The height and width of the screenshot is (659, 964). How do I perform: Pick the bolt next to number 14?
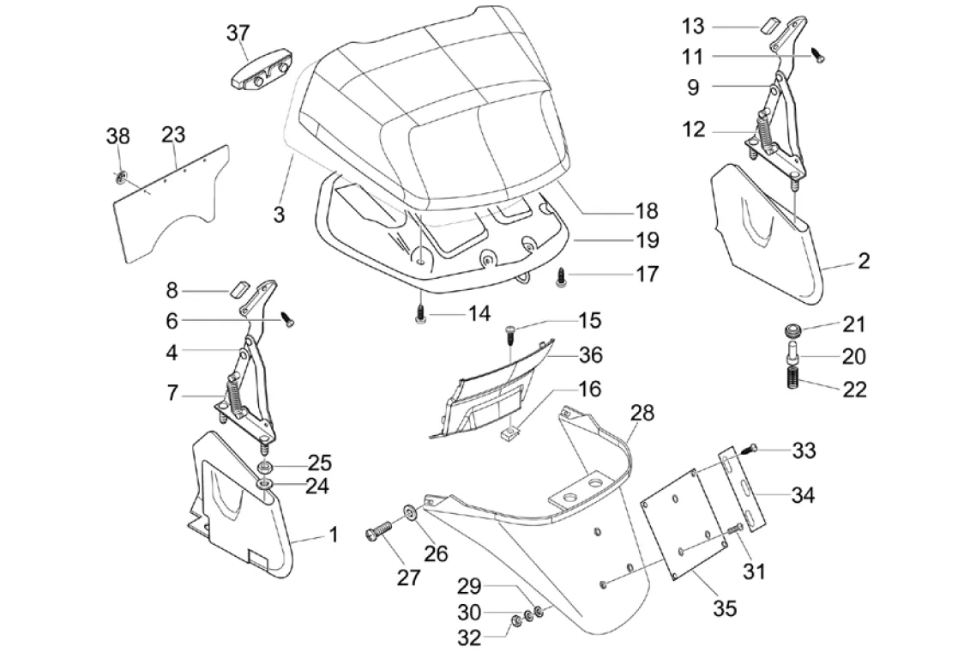pos(420,313)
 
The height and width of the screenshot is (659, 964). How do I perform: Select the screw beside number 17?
pos(562,277)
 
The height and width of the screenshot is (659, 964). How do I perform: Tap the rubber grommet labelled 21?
pos(792,329)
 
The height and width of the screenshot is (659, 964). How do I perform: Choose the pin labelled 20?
pos(792,352)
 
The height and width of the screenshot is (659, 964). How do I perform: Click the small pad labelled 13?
pos(766,23)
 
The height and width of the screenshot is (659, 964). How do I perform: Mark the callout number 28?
pos(642,414)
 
